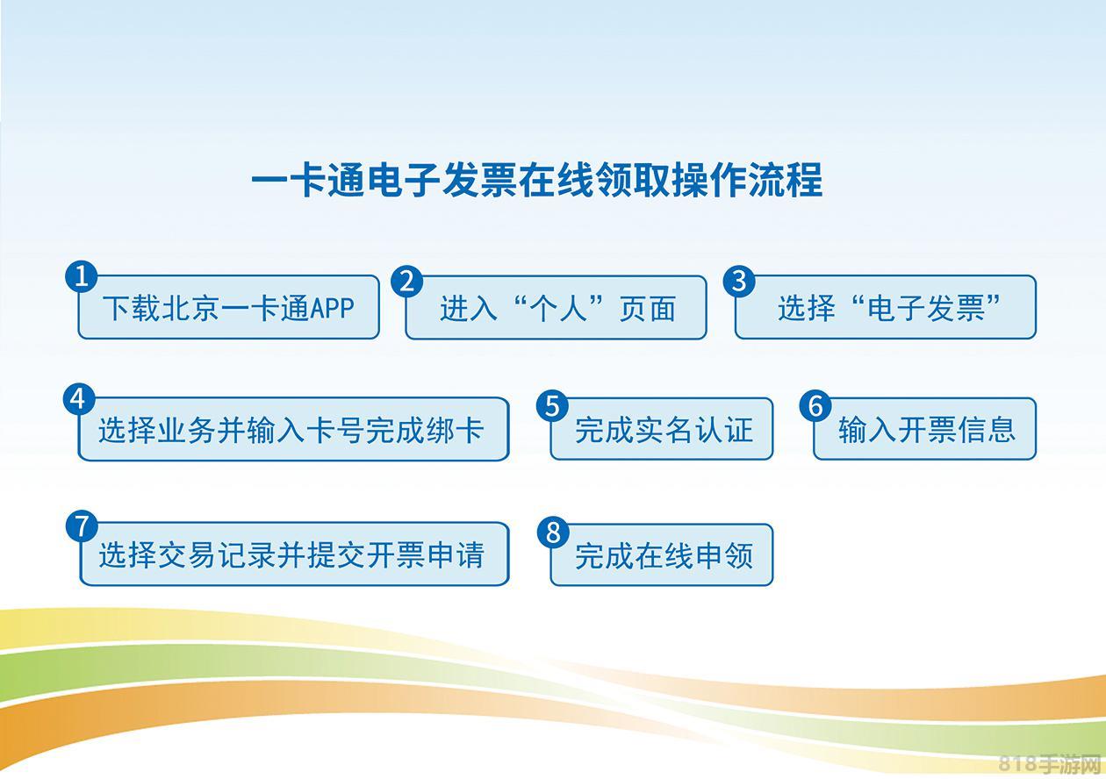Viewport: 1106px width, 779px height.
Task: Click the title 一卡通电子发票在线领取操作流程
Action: tap(536, 180)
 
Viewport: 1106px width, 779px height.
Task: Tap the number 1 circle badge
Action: tap(81, 276)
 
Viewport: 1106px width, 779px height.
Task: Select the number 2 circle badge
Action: tap(407, 282)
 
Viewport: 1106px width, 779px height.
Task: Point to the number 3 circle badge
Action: tap(739, 281)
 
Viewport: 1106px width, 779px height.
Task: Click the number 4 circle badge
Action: tap(79, 399)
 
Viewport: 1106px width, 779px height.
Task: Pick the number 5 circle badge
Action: tap(552, 406)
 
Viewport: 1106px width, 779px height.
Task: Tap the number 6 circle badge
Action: tap(815, 405)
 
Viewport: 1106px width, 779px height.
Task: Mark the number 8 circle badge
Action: tap(553, 532)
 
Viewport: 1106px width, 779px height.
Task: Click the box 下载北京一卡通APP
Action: tap(228, 307)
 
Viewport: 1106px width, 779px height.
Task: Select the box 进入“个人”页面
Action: tap(556, 307)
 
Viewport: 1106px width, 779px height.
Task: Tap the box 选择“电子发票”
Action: tap(886, 307)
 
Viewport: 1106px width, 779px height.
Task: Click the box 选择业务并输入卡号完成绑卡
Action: tap(293, 429)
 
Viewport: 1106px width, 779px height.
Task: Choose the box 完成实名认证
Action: tap(662, 429)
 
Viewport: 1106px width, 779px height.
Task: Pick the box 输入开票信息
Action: tap(925, 429)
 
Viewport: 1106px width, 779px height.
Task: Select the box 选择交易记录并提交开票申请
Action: tap(294, 554)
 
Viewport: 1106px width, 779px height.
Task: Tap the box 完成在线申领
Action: tap(662, 555)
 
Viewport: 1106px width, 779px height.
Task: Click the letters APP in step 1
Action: tap(333, 308)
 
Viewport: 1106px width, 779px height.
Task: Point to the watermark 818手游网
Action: tap(1050, 762)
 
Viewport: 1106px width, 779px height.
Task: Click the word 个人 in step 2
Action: tap(558, 308)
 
